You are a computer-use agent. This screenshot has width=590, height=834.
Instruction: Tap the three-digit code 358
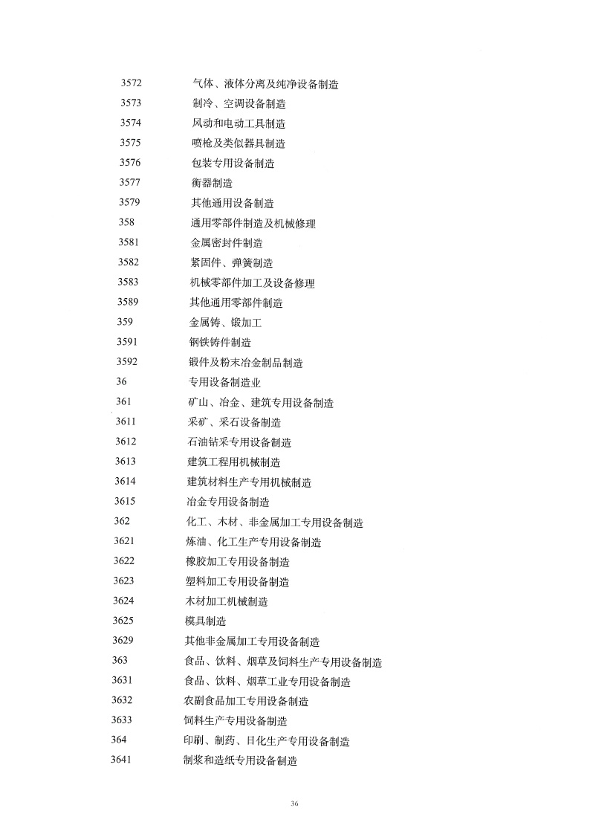click(126, 222)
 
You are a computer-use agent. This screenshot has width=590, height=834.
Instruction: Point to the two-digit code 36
click(122, 382)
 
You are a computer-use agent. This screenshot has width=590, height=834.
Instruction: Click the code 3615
click(126, 502)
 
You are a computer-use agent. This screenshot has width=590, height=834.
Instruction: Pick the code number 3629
click(123, 641)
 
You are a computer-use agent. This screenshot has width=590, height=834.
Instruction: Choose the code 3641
click(121, 760)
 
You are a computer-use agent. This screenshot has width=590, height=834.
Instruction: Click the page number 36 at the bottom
click(294, 804)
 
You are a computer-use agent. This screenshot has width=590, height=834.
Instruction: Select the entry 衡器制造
click(212, 183)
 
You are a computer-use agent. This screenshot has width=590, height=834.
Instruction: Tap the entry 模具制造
click(205, 621)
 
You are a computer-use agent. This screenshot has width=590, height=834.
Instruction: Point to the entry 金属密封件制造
click(227, 242)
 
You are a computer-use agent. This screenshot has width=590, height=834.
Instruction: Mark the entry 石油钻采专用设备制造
click(239, 442)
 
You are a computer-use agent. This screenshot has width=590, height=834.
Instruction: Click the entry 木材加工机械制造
click(227, 601)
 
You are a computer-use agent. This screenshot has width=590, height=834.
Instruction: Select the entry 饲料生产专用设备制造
click(236, 720)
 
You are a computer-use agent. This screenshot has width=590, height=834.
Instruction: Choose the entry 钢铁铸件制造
click(220, 343)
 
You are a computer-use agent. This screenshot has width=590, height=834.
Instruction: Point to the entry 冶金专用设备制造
click(228, 502)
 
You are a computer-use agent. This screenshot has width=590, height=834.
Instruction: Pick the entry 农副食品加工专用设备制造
click(246, 701)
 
